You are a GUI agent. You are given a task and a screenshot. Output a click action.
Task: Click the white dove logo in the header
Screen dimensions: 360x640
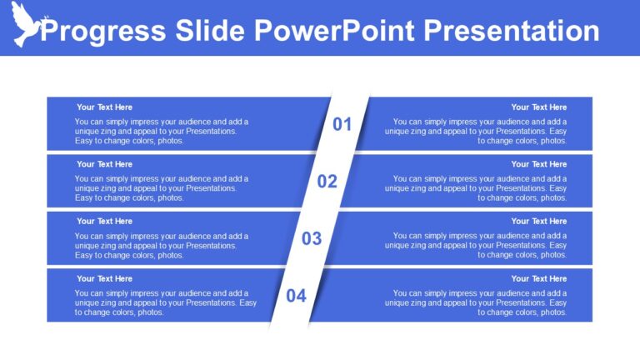[x=25, y=24]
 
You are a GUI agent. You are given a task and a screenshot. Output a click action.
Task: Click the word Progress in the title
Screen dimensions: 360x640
[x=102, y=31]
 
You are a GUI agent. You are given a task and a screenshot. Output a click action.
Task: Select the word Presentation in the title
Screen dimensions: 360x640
[x=512, y=31]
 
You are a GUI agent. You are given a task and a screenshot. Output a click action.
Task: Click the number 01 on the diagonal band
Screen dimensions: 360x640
[x=342, y=125]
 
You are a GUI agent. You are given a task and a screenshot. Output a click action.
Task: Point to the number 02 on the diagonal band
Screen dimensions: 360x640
[x=327, y=182]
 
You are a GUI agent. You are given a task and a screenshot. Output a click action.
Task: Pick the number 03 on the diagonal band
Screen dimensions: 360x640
[x=312, y=239]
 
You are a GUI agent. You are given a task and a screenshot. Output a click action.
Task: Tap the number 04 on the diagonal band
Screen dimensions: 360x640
[x=297, y=296]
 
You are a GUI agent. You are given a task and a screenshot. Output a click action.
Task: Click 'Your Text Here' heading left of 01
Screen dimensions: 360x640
[x=104, y=107]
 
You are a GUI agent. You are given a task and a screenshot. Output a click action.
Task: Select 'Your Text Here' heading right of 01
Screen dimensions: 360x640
[x=538, y=107]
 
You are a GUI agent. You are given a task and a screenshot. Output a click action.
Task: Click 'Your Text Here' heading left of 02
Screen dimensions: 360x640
[x=104, y=164]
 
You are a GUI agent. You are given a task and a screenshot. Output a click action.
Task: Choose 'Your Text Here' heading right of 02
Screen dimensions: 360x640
[x=538, y=164]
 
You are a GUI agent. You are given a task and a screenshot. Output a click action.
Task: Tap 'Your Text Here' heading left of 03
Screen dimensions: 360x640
[x=104, y=221]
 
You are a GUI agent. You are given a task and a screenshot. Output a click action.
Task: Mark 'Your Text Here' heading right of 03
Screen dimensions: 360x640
[x=538, y=221]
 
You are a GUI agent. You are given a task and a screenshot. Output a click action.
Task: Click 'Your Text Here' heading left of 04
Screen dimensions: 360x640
[x=104, y=278]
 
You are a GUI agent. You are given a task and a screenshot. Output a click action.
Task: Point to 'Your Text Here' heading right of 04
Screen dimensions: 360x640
[x=538, y=278]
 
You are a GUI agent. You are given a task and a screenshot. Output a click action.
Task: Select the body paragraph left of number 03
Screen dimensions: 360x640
[x=161, y=245]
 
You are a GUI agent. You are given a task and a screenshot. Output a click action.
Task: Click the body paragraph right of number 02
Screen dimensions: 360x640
[x=477, y=188]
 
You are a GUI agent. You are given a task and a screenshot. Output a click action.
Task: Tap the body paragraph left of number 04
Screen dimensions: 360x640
[x=165, y=302]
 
